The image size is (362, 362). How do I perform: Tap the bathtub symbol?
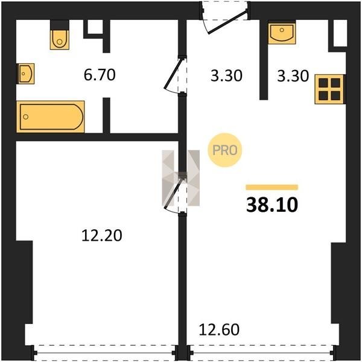point(51,116)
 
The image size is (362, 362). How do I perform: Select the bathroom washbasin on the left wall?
point(25,74)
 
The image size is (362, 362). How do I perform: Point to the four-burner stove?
point(329,89)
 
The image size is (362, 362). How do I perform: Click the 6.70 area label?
point(100,75)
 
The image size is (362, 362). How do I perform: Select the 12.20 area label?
point(102,236)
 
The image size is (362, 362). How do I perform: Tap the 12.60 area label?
point(219,329)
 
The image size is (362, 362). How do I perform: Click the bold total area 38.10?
point(272,205)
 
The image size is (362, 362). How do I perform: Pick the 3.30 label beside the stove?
point(293,76)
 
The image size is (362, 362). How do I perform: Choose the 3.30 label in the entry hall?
point(226,76)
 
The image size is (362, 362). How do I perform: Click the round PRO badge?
point(225,150)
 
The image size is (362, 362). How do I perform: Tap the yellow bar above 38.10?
point(272,187)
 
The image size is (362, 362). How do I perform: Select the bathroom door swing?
point(175,75)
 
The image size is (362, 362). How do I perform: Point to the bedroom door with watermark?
point(175,194)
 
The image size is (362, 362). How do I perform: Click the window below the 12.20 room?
point(105,353)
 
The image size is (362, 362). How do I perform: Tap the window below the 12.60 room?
point(261,353)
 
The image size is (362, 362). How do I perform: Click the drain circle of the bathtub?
point(25,116)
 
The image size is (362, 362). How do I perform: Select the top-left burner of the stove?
point(323,83)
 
